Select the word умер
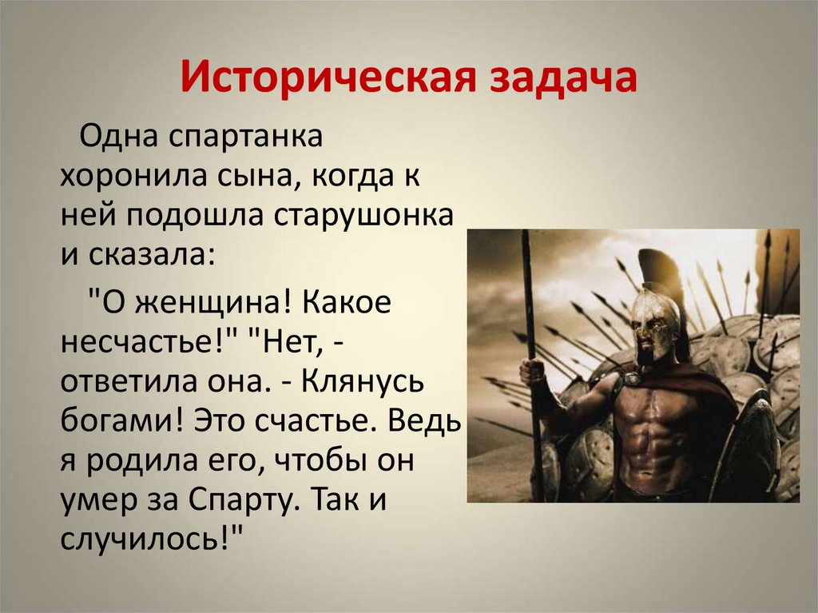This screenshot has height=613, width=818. [x=94, y=504]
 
